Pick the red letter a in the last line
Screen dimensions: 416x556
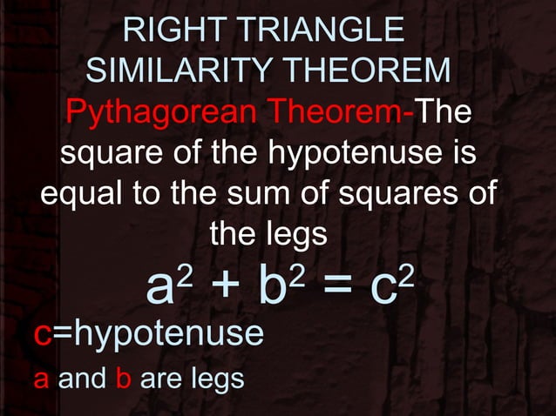(41, 381)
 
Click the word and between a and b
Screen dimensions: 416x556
(81, 380)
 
